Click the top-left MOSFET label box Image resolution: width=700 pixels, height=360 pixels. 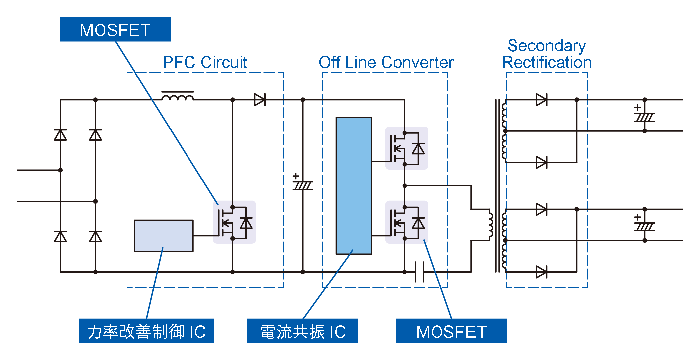[x=115, y=29]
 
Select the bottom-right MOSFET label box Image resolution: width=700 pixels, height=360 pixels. [x=451, y=331]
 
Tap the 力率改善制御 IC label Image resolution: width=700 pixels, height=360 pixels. [x=146, y=331]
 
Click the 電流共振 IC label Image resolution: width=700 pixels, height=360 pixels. [x=302, y=331]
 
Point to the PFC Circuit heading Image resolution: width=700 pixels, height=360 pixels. [x=205, y=62]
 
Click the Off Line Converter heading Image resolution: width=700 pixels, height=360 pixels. [x=386, y=62]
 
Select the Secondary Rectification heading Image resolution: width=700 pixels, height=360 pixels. [x=547, y=54]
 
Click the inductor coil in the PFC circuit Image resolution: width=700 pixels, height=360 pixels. [x=178, y=97]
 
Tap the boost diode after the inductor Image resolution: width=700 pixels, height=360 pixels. [x=260, y=100]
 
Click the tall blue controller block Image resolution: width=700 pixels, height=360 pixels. [x=353, y=185]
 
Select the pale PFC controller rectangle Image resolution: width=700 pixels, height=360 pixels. [x=163, y=235]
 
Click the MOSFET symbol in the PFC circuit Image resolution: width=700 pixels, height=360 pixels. [x=234, y=222]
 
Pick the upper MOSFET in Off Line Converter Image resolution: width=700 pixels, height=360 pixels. [x=406, y=148]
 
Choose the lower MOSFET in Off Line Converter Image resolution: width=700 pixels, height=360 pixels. [x=406, y=222]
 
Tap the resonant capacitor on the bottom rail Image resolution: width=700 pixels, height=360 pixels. [x=419, y=272]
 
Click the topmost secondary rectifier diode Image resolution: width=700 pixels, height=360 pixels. [x=541, y=100]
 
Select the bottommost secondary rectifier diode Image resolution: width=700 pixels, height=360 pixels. [x=541, y=272]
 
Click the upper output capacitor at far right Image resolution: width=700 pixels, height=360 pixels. [x=644, y=117]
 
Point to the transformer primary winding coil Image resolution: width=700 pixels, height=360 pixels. [x=491, y=225]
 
